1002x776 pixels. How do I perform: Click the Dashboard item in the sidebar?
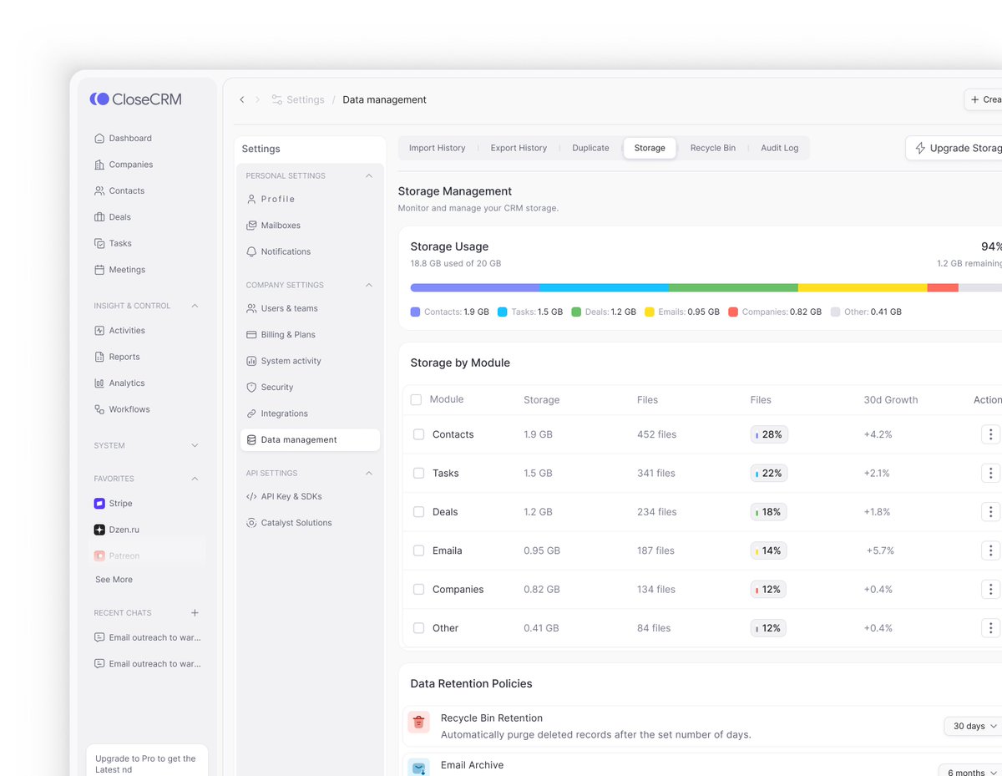(x=129, y=139)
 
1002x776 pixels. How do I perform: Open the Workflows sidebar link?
(x=129, y=409)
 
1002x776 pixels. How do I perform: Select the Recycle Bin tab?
(x=712, y=148)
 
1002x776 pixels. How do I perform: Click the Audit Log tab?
(x=779, y=148)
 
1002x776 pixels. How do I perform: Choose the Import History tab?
(x=437, y=148)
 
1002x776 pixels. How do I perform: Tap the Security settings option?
(x=276, y=388)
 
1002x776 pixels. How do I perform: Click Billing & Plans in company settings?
(x=287, y=335)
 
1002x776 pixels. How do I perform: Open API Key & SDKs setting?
(x=291, y=497)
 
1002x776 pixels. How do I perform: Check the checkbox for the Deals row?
(x=419, y=512)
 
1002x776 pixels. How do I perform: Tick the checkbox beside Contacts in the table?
(x=419, y=434)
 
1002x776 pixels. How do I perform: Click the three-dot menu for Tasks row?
(x=990, y=473)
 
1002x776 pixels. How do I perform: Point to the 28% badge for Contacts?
(x=768, y=434)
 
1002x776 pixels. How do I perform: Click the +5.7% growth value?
(x=880, y=550)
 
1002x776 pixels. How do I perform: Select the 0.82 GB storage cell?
(x=541, y=590)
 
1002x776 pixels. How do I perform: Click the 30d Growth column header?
(x=890, y=400)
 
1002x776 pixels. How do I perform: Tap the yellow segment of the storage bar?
(x=862, y=287)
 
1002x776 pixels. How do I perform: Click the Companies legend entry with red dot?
(x=774, y=312)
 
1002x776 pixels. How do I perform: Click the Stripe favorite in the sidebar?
(x=120, y=504)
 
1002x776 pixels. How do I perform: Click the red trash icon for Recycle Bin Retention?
(x=419, y=722)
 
